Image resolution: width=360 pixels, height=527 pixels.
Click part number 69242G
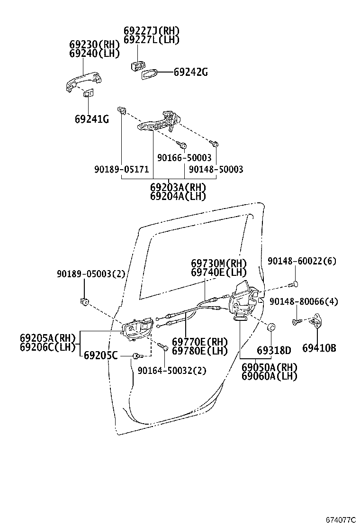[190, 73]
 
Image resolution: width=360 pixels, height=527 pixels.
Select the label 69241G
[91, 119]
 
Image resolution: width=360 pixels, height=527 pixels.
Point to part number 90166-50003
[184, 158]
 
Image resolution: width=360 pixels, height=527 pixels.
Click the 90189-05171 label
[121, 169]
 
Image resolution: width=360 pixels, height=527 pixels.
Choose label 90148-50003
[216, 169]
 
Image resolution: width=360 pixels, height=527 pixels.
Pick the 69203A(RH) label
[178, 187]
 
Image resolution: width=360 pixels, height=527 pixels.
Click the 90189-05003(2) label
[91, 274]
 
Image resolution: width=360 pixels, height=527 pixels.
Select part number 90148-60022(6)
[302, 261]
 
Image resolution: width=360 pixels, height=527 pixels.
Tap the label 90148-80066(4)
[304, 301]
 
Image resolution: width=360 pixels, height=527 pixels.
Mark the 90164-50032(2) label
[172, 371]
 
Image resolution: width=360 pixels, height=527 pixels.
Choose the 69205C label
[100, 355]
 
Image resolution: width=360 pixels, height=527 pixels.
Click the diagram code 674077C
[340, 520]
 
